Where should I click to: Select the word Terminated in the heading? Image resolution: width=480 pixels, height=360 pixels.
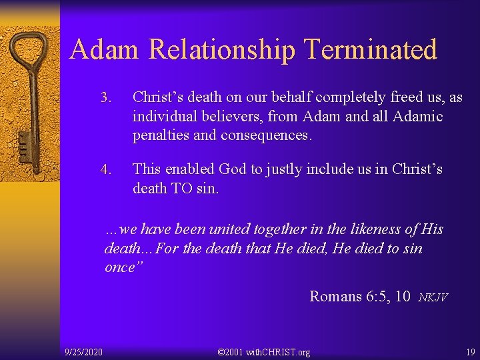click(370, 50)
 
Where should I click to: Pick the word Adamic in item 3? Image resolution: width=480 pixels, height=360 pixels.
click(417, 117)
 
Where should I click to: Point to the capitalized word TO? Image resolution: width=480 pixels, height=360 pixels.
click(181, 189)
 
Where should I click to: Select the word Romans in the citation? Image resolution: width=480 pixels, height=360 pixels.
click(336, 296)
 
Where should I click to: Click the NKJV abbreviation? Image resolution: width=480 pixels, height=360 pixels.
click(433, 297)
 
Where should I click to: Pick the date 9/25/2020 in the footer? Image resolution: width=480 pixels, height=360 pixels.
click(83, 351)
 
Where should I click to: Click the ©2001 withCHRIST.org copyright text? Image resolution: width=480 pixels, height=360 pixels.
click(264, 351)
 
